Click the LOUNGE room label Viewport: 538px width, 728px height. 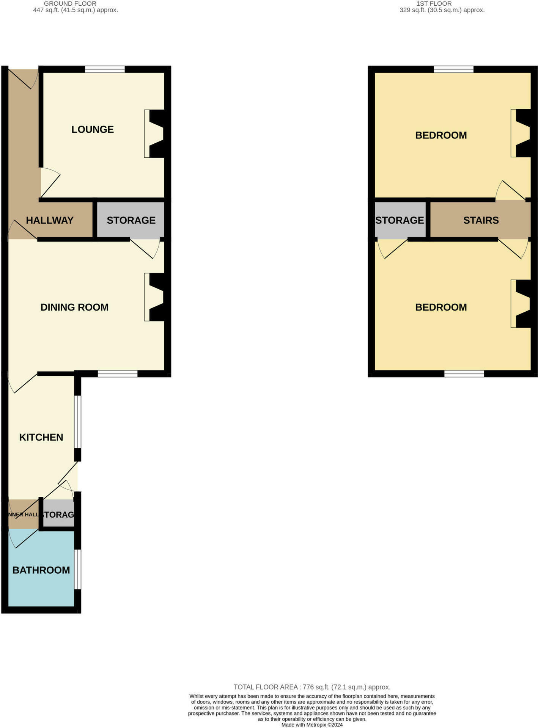pyautogui.click(x=93, y=130)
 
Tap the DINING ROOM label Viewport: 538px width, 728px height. pyautogui.click(x=74, y=307)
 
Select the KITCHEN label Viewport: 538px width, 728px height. pyautogui.click(x=41, y=437)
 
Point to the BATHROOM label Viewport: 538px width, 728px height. pyautogui.click(x=41, y=570)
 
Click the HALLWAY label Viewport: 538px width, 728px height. pyautogui.click(x=49, y=220)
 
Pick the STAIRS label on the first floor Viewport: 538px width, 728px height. pyautogui.click(x=481, y=220)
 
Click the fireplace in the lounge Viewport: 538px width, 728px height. pyautogui.click(x=154, y=134)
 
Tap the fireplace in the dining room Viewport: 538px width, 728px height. pyautogui.click(x=154, y=297)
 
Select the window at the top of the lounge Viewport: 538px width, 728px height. pyautogui.click(x=105, y=69)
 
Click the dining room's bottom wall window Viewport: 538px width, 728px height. pyautogui.click(x=118, y=374)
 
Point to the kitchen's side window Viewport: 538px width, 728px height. pyautogui.click(x=77, y=422)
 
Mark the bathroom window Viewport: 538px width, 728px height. pyautogui.click(x=77, y=569)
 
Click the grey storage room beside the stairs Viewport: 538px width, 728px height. pyautogui.click(x=400, y=220)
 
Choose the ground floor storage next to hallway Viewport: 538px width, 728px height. pyautogui.click(x=131, y=220)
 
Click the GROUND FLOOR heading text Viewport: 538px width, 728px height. pyautogui.click(x=70, y=3)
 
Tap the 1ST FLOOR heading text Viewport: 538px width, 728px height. pyautogui.click(x=434, y=3)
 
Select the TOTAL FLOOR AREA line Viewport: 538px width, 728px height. pyautogui.click(x=312, y=687)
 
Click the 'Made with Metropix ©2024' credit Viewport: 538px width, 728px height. pyautogui.click(x=312, y=725)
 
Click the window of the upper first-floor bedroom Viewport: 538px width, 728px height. pyautogui.click(x=453, y=69)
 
